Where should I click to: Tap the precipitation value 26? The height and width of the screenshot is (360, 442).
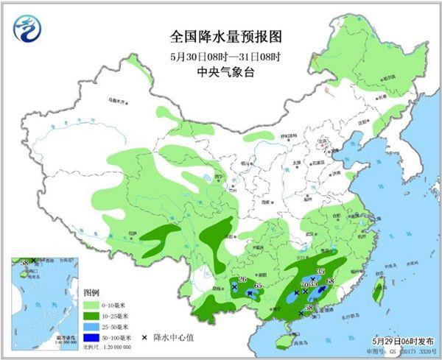point(242,279)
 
